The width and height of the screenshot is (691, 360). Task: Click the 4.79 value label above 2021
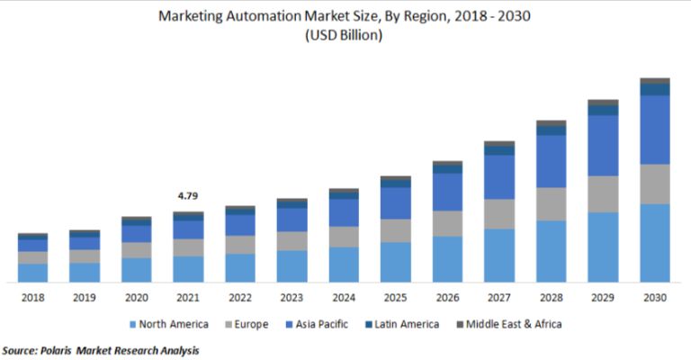point(188,195)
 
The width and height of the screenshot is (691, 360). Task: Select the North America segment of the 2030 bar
point(655,243)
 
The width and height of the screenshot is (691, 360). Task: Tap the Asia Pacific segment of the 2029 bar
point(603,146)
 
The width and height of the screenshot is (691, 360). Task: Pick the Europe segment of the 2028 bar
point(551,204)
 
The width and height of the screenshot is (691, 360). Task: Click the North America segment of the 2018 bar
point(32,273)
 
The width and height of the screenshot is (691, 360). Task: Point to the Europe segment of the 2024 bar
point(344,236)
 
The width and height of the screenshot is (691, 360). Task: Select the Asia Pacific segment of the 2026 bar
point(447,192)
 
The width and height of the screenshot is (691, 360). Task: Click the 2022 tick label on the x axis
point(240,297)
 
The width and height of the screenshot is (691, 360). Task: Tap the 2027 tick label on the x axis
point(499,297)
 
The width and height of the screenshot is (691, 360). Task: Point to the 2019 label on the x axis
point(85,297)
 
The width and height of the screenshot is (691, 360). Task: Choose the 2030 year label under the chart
point(655,297)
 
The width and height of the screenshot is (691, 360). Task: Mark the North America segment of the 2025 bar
point(396,262)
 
